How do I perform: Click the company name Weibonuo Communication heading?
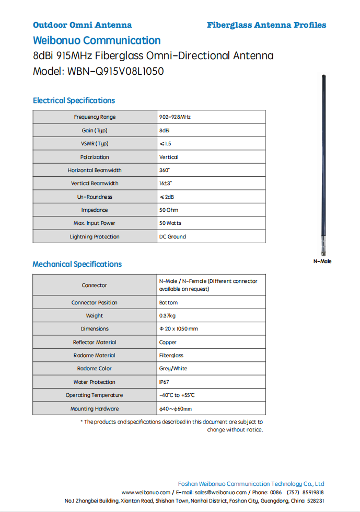(97, 40)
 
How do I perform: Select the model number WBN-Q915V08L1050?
(115, 71)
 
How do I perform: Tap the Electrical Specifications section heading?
(74, 100)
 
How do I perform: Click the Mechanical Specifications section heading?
(77, 264)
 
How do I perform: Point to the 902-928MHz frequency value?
(175, 117)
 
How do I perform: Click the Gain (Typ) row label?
(95, 130)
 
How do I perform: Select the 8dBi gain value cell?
(164, 130)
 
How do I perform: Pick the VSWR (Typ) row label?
(95, 144)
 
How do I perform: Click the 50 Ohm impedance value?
(168, 210)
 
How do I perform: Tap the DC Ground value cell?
(172, 237)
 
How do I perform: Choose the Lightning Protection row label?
(95, 237)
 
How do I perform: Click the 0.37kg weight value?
(167, 316)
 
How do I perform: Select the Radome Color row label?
(95, 369)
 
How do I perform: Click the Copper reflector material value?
(168, 343)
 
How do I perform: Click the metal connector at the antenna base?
(323, 246)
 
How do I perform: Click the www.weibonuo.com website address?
(146, 493)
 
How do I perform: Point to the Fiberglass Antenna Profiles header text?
(266, 25)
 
